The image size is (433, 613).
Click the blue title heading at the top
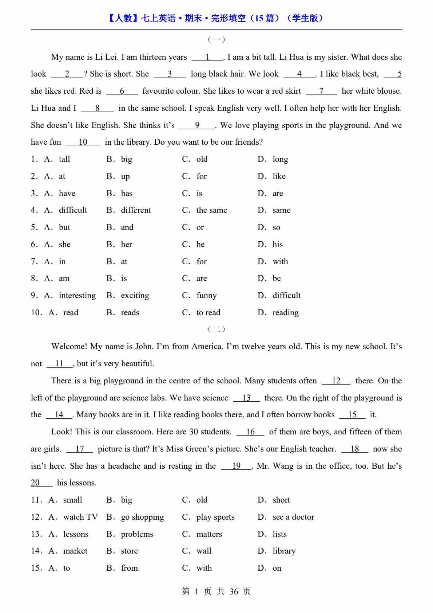216,18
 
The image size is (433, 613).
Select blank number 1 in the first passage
207,57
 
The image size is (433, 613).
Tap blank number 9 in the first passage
197,125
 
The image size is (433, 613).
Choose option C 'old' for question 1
202,159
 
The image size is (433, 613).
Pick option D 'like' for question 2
279,176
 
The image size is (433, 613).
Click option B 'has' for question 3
126,194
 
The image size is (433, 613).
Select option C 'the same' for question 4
211,210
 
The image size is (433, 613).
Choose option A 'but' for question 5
64,227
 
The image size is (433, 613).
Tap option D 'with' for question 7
280,262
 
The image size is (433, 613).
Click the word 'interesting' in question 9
77,296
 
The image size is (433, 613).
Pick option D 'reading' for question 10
285,313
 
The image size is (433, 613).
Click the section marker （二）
216,329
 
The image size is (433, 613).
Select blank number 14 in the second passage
59,415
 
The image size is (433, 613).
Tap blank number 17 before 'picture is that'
80,449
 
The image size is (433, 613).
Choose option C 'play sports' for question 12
215,517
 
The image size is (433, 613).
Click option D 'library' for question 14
284,551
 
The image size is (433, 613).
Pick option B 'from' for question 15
129,568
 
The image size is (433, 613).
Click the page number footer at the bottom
216,591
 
